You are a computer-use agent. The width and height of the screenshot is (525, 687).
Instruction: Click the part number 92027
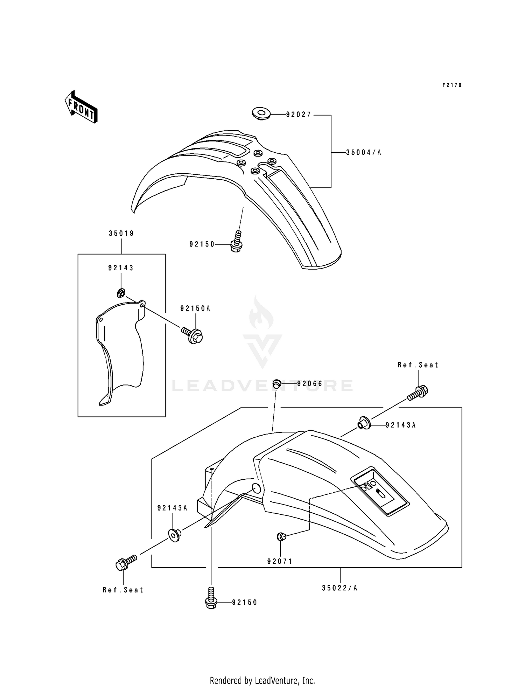click(298, 115)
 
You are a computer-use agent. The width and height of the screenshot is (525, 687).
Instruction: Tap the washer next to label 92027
click(261, 113)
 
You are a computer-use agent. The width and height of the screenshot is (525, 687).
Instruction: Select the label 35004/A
click(363, 153)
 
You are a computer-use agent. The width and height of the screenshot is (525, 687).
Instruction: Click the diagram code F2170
click(452, 85)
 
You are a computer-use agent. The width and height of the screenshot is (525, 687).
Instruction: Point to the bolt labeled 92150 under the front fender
click(237, 242)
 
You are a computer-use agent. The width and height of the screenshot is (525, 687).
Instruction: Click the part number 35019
click(121, 234)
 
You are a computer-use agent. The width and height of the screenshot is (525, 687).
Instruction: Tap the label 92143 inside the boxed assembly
click(121, 268)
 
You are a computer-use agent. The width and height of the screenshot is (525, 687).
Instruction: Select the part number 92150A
click(195, 308)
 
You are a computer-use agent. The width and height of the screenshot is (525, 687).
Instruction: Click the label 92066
click(309, 384)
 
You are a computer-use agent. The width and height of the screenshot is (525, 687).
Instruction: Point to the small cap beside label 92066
click(277, 383)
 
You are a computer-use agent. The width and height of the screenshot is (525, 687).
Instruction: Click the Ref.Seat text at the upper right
click(418, 365)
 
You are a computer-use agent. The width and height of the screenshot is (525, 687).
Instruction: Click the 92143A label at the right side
click(400, 425)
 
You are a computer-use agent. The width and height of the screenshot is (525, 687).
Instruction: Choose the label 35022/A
click(339, 588)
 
